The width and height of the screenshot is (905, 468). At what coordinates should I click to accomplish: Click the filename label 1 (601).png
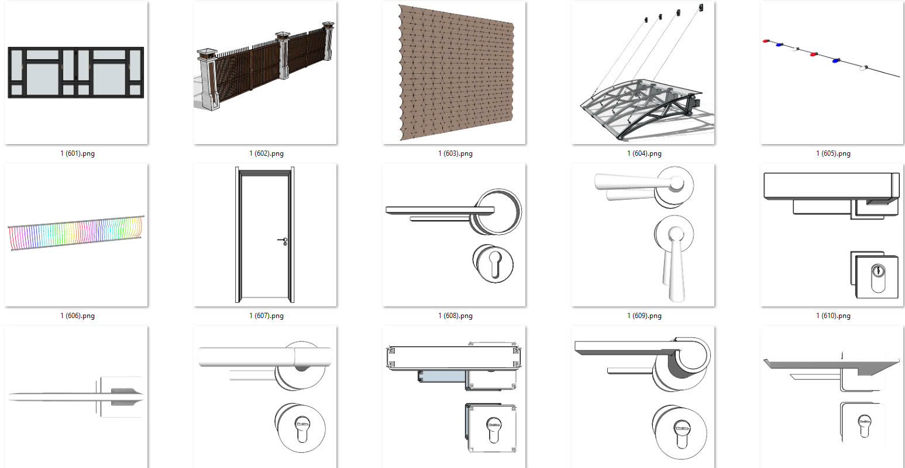click(77, 153)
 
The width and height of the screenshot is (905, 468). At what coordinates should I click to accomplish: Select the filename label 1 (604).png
click(644, 153)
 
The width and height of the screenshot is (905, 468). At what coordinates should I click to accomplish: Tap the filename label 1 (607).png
click(266, 316)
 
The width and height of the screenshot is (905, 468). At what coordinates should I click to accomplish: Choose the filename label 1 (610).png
click(833, 316)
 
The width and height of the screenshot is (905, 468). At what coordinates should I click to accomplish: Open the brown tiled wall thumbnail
click(454, 73)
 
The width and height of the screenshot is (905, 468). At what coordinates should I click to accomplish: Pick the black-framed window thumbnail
click(76, 73)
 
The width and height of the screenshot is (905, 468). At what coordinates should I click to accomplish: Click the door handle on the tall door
click(283, 240)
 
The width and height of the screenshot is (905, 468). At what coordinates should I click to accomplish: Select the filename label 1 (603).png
click(455, 153)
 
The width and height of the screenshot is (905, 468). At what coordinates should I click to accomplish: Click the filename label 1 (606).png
click(77, 316)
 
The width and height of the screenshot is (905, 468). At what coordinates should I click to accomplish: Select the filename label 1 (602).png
click(266, 153)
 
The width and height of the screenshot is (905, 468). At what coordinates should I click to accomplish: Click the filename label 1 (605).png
click(833, 153)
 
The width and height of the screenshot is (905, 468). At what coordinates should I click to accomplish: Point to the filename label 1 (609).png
click(644, 316)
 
